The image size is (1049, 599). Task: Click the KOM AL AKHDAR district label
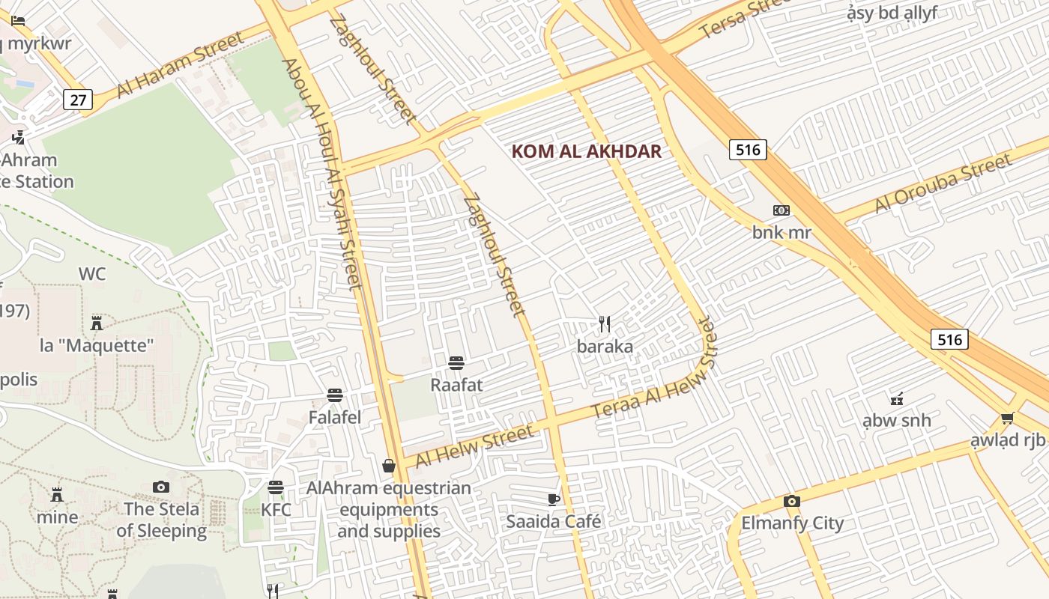[586, 151]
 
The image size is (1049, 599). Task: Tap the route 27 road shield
[77, 99]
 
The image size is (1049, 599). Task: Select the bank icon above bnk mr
[782, 210]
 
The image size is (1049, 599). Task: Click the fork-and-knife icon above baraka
[605, 324]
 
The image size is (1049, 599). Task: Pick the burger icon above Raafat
[456, 363]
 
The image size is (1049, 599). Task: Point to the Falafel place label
[335, 417]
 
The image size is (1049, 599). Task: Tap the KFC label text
[276, 510]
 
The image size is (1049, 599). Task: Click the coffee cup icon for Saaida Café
[554, 499]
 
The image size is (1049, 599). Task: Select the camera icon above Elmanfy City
[792, 501]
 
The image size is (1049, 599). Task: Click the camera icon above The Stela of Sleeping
[161, 487]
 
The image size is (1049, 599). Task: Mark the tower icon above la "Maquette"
[96, 323]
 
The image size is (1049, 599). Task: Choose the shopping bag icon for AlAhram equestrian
[389, 466]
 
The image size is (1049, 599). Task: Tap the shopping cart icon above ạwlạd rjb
[1008, 418]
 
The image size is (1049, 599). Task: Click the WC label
[92, 274]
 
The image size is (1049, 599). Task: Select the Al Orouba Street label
[943, 183]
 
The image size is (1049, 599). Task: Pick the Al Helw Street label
[475, 446]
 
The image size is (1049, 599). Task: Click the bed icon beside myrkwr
[19, 21]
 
